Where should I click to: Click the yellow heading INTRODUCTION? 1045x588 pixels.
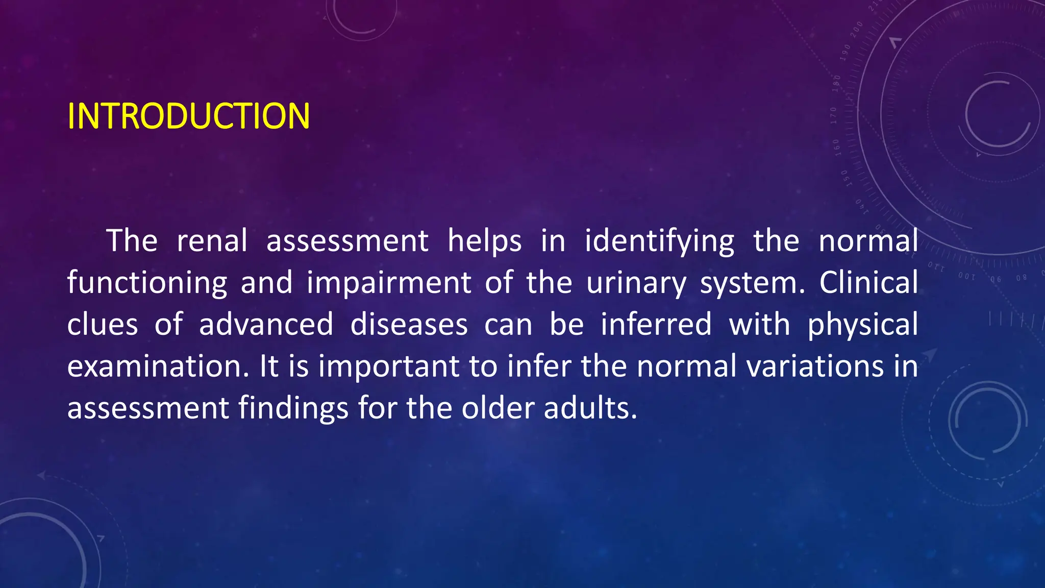tap(188, 116)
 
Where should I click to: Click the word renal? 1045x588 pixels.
tap(212, 241)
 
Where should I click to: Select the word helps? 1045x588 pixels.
tap(484, 241)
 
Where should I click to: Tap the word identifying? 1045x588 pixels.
tap(659, 242)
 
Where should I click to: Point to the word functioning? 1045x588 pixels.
tap(147, 283)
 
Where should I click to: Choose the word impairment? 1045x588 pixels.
tap(389, 283)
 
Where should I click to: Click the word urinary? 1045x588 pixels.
tap(636, 283)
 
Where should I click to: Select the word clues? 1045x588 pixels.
tap(103, 325)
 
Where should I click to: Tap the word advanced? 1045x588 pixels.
tap(266, 325)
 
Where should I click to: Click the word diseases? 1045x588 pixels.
tap(409, 325)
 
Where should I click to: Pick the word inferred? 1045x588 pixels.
tap(656, 325)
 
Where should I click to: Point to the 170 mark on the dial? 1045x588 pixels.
tap(834, 116)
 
